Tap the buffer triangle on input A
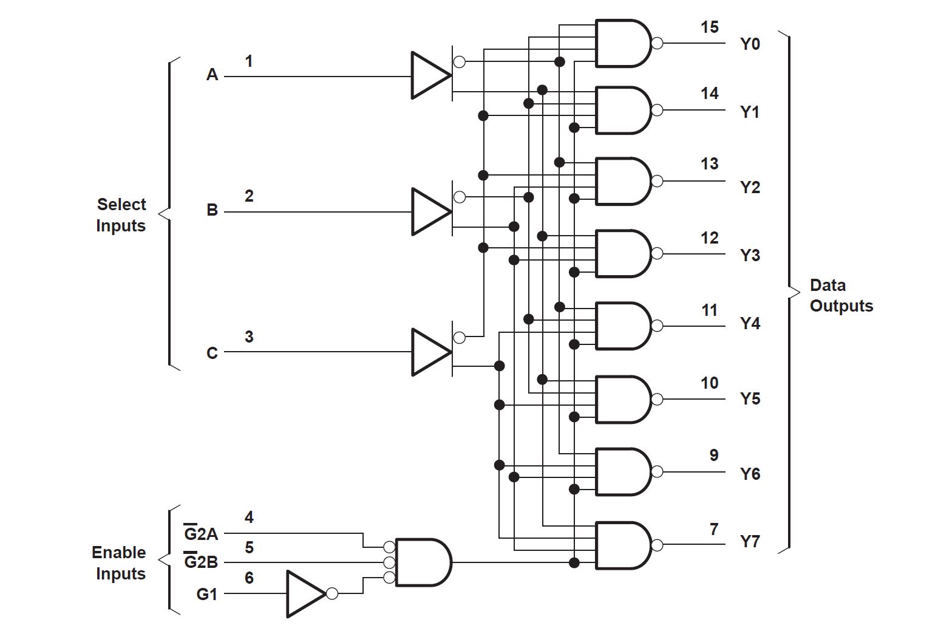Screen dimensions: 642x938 (x=429, y=75)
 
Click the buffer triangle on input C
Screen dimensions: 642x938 (x=429, y=352)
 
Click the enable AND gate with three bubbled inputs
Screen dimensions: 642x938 (x=422, y=562)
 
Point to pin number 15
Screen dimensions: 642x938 (x=709, y=27)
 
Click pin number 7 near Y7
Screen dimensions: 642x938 (x=714, y=529)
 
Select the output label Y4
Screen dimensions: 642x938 (x=750, y=323)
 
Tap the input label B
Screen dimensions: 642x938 (x=212, y=210)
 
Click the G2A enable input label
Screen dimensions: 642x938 (x=201, y=533)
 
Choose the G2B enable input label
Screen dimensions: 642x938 (x=201, y=562)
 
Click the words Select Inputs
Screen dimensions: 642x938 (x=121, y=215)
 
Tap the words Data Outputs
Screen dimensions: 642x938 (x=841, y=295)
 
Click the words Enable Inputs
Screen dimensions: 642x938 (x=119, y=563)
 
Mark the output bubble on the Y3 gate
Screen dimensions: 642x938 (x=657, y=253)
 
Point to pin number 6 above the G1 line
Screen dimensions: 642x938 (x=249, y=578)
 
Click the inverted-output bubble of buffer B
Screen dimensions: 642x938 (x=460, y=197)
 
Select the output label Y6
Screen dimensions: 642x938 (x=750, y=474)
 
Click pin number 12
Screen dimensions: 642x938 (x=709, y=238)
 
